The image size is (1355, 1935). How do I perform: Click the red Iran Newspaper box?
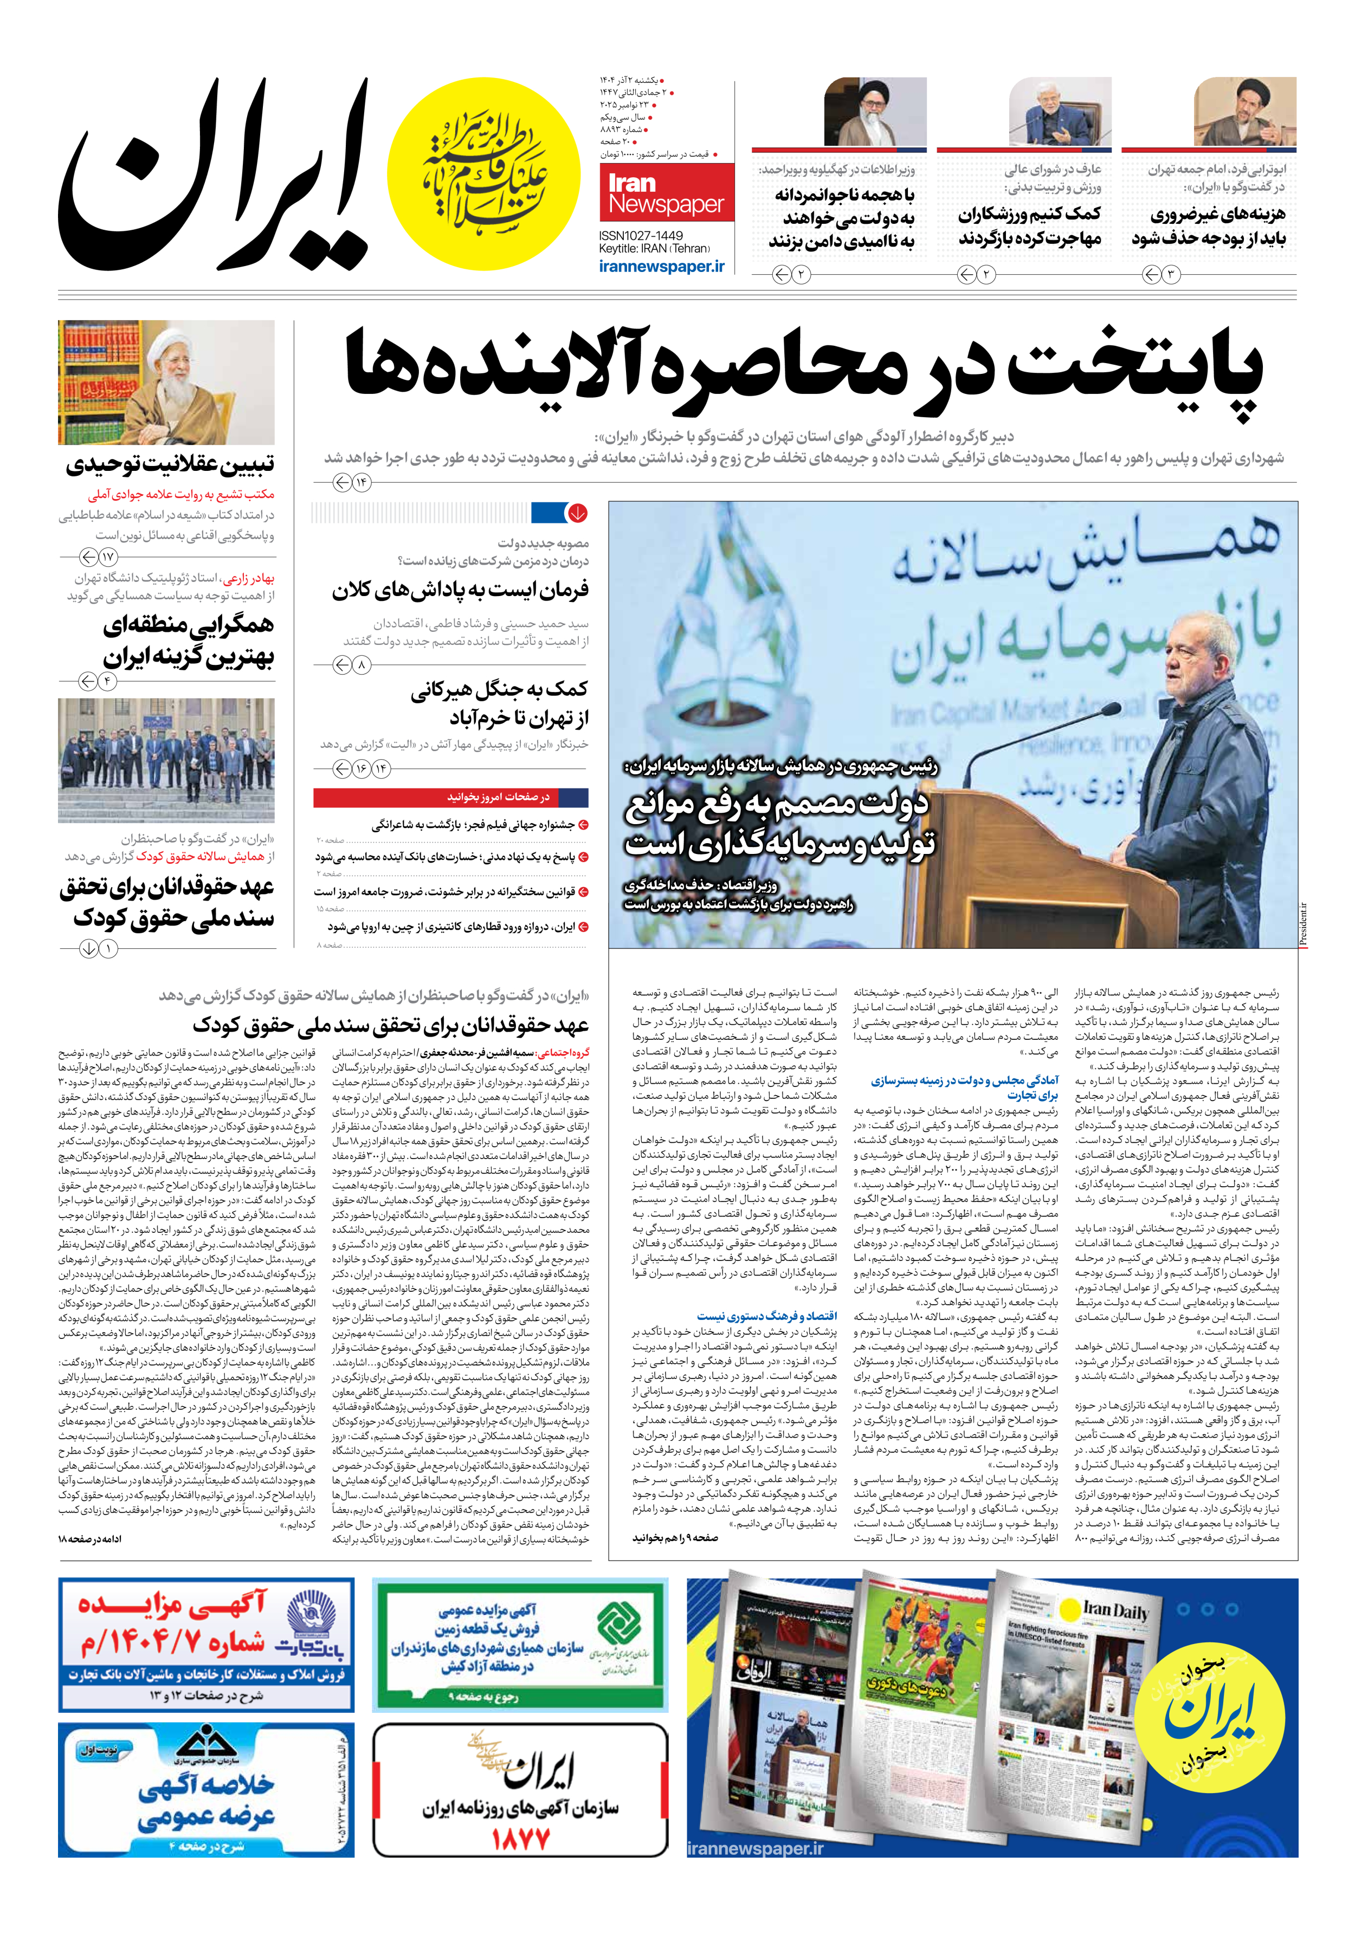click(x=666, y=194)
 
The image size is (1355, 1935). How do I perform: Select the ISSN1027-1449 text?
click(x=641, y=236)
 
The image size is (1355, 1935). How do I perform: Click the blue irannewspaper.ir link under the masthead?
click(x=662, y=266)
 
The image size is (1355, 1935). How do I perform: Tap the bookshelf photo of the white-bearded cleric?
click(x=166, y=383)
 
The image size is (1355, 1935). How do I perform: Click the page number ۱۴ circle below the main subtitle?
click(x=362, y=482)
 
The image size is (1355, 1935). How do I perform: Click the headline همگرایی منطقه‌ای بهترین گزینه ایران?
click(x=188, y=640)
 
